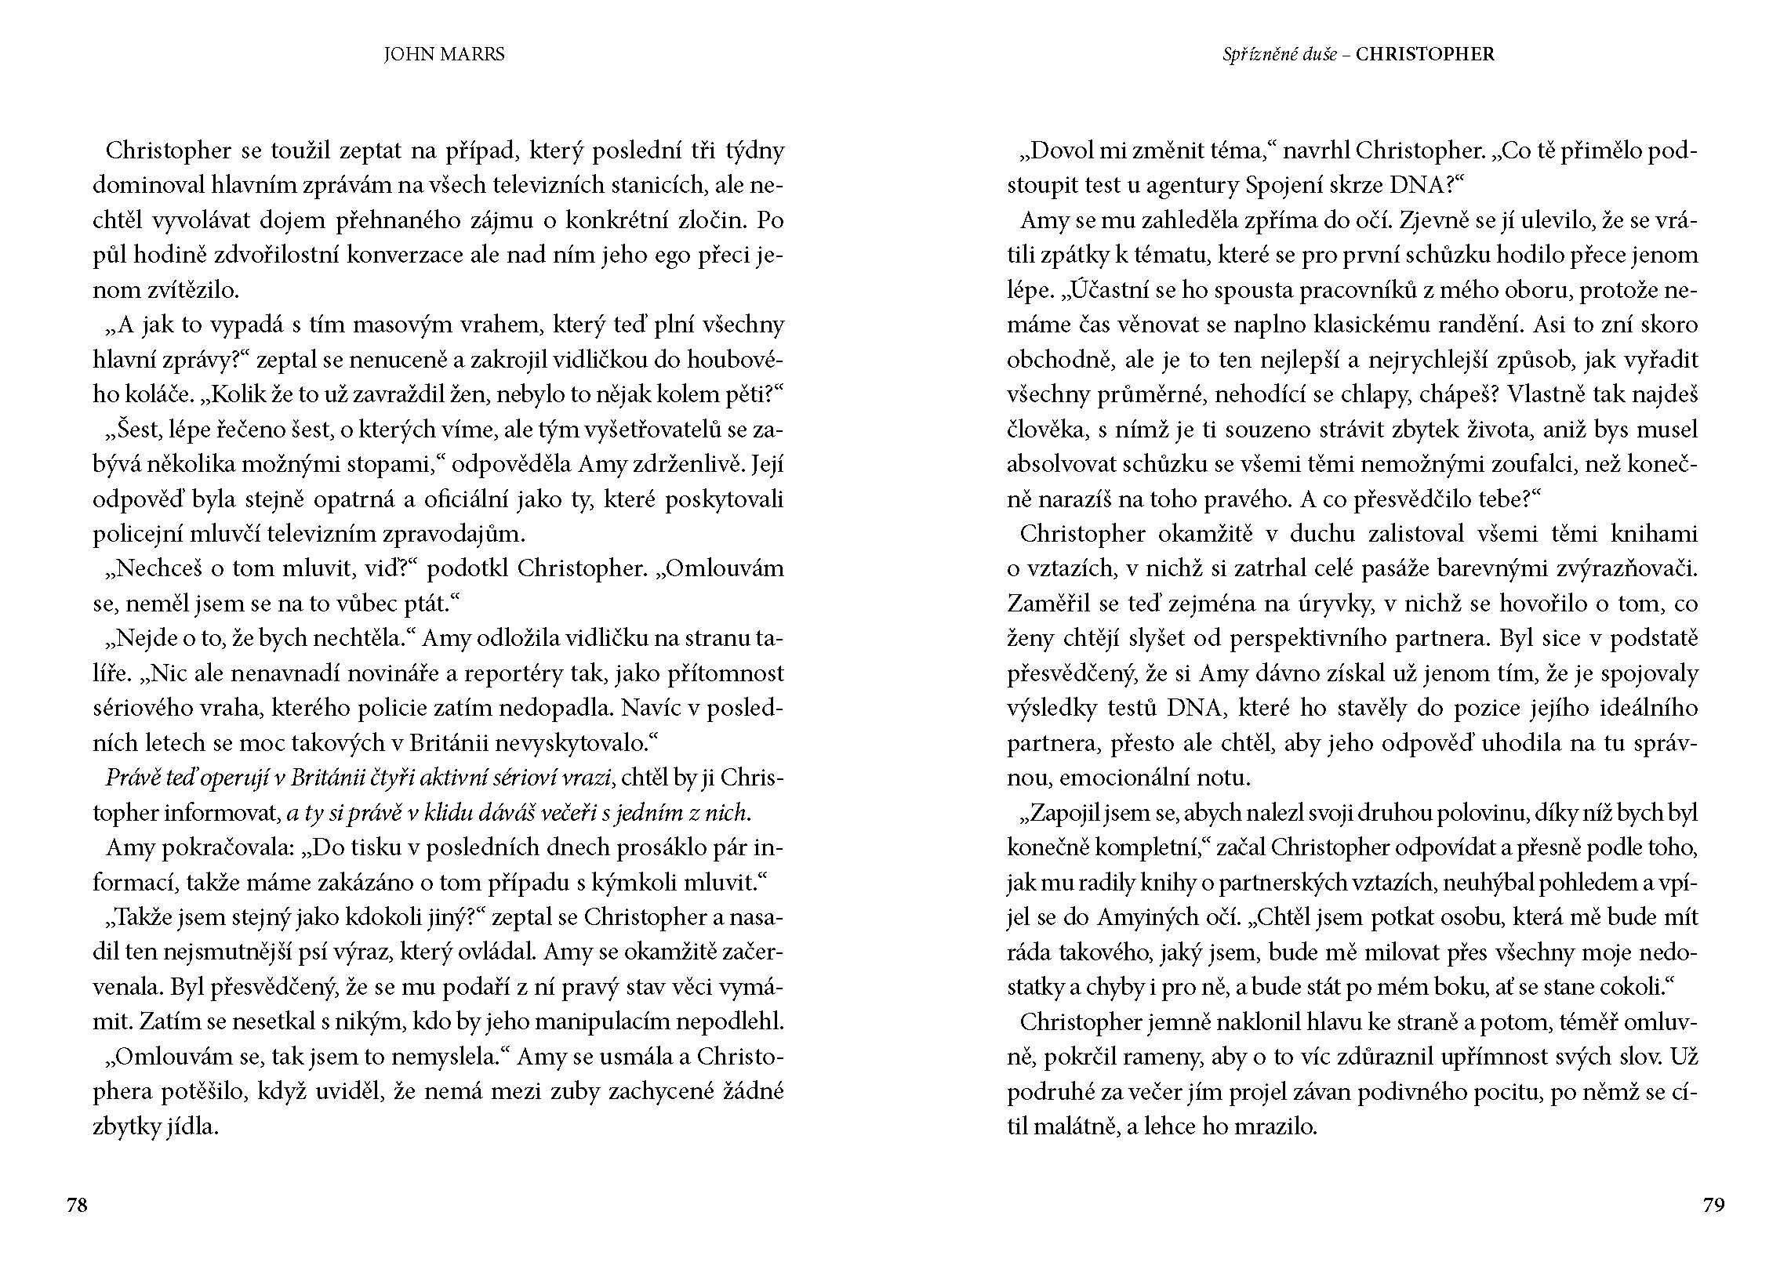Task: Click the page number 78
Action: [77, 1205]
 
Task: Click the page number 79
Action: [1714, 1205]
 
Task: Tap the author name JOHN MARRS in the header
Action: [444, 54]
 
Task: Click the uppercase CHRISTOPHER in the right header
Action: [1425, 54]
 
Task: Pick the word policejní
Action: [137, 535]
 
